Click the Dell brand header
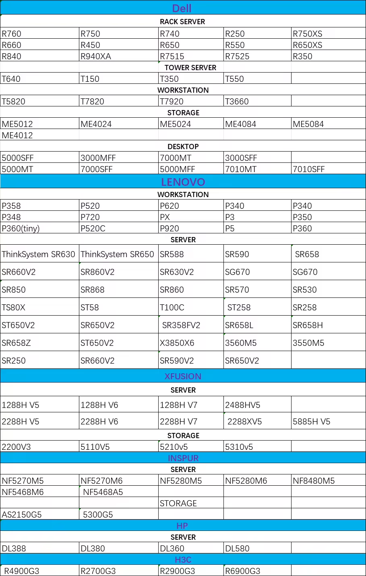[182, 8]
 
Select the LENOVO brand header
[183, 182]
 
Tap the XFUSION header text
[183, 376]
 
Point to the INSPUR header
[183, 458]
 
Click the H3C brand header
[183, 559]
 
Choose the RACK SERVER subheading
[182, 22]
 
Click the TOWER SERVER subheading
[190, 68]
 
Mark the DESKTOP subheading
[183, 147]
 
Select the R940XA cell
[96, 56]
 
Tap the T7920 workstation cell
[172, 102]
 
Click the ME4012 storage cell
[17, 135]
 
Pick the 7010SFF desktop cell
[308, 169]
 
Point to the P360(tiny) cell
[21, 229]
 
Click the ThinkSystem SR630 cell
[39, 254]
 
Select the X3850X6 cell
[177, 343]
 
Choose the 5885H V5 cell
[311, 422]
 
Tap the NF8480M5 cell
[314, 481]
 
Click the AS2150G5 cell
[22, 515]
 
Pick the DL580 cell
[237, 549]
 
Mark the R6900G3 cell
[242, 571]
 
